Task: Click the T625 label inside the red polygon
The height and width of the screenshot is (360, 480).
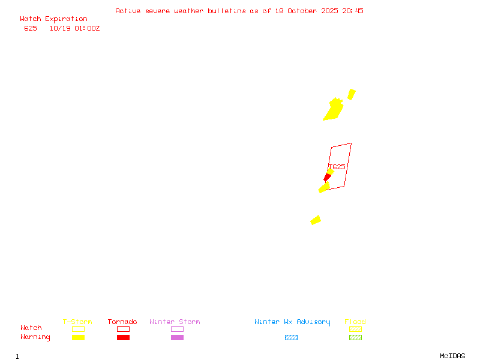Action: (x=337, y=167)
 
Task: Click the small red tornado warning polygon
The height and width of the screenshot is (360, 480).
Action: (x=327, y=177)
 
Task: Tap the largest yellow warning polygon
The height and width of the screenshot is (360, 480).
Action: (x=333, y=110)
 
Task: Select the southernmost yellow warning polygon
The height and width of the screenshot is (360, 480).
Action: (x=316, y=220)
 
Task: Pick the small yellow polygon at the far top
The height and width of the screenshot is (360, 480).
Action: (x=352, y=94)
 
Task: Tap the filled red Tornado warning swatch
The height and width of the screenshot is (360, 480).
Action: (x=123, y=337)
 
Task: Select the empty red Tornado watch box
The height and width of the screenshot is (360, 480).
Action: (x=123, y=329)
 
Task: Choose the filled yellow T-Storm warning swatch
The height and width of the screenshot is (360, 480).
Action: (x=78, y=337)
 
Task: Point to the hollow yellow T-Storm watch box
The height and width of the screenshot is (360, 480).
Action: (x=78, y=329)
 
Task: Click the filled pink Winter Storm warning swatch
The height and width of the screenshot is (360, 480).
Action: (x=177, y=337)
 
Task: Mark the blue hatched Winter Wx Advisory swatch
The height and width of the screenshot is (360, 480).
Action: (x=291, y=337)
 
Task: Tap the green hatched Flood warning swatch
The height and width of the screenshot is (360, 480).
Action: (x=355, y=337)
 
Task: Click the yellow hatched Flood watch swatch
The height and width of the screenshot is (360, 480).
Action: (x=355, y=329)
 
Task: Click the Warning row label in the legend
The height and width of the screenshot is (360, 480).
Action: (x=35, y=337)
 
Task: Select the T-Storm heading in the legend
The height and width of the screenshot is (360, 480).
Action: (x=77, y=322)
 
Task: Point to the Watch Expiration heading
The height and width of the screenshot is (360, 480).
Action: (x=53, y=19)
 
